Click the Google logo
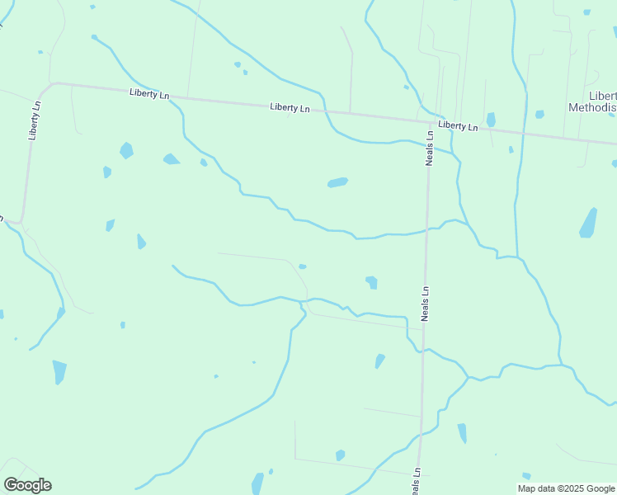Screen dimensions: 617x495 tap(27, 485)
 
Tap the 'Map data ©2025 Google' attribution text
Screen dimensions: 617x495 tap(567, 488)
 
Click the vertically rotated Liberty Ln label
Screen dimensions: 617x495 tap(35, 120)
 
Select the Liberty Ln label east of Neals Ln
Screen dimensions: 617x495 tap(458, 125)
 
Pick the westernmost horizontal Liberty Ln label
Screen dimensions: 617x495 tap(149, 95)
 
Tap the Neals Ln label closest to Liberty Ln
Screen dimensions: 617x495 tap(429, 147)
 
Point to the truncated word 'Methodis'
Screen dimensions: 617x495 tap(592, 108)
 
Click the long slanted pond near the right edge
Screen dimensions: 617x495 tap(588, 223)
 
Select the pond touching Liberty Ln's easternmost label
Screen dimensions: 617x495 tap(491, 120)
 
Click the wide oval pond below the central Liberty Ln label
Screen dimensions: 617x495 tap(337, 182)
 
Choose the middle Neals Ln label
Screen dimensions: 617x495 tap(426, 304)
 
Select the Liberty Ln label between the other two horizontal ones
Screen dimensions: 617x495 tap(290, 108)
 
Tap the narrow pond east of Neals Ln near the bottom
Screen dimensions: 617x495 tap(462, 433)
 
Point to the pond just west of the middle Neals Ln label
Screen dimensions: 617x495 tap(372, 282)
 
